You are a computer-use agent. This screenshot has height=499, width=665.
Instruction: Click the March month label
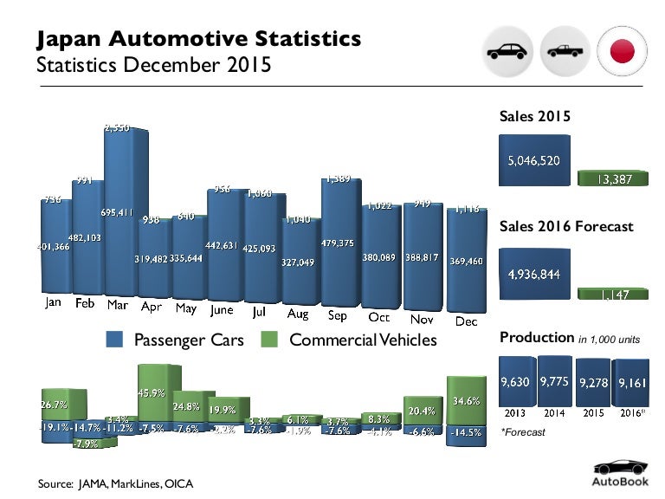(119, 305)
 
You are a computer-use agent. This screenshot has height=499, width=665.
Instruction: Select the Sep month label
(338, 316)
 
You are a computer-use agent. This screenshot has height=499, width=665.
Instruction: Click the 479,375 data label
(338, 243)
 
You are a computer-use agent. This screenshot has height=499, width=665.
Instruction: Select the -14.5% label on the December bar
(465, 431)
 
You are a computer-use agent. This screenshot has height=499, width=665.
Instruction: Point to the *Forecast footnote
(523, 431)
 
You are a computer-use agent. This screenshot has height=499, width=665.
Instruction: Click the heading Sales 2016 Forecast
(566, 227)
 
